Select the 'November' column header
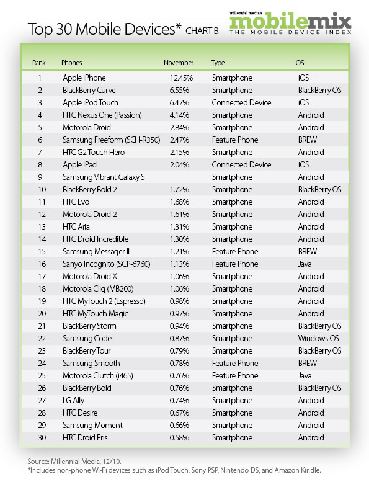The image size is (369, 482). [179, 63]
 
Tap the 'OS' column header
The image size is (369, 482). [301, 63]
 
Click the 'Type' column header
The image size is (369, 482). [218, 63]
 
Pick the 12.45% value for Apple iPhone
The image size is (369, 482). [181, 78]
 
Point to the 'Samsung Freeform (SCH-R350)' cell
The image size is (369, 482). [111, 140]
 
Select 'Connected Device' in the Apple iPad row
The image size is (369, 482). [241, 165]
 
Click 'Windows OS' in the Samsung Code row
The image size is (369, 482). [318, 339]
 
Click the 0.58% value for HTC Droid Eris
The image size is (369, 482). [181, 438]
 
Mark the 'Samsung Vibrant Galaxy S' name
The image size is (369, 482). [104, 177]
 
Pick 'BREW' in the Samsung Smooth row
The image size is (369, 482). [308, 364]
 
